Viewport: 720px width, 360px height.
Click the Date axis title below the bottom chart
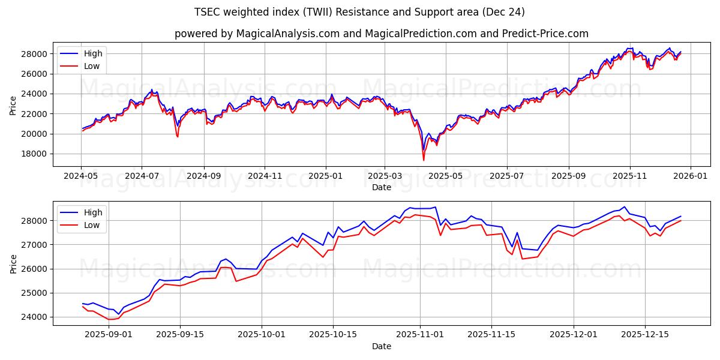click(x=382, y=346)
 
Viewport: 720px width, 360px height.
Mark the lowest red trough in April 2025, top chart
click(x=424, y=160)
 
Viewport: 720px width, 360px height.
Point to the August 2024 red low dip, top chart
click(x=178, y=137)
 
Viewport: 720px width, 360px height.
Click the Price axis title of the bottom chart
click(x=13, y=263)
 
